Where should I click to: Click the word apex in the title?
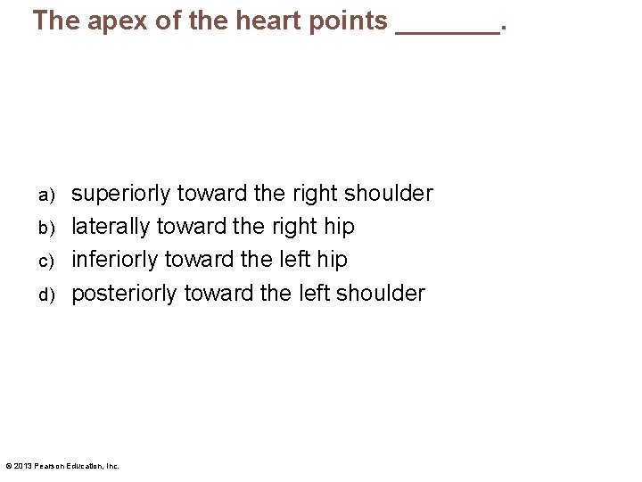(x=106, y=21)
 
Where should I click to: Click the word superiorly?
(x=121, y=194)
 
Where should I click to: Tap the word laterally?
(x=111, y=227)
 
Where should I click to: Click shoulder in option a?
(x=390, y=193)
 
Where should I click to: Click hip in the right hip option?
(x=338, y=227)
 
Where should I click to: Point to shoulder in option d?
(x=382, y=292)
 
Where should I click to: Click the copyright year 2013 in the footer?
(x=23, y=465)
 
